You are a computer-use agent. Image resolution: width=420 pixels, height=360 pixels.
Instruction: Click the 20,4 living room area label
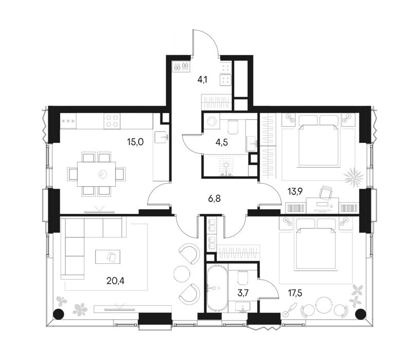115,281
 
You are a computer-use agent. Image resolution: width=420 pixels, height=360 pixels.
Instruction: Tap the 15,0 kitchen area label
136,142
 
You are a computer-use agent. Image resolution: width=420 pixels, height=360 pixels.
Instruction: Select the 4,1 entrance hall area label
203,80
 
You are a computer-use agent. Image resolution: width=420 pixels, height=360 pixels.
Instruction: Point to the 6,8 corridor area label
214,199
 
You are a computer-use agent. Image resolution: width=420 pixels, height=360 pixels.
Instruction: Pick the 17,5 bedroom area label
295,293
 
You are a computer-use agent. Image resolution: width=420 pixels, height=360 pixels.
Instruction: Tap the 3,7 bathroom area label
243,293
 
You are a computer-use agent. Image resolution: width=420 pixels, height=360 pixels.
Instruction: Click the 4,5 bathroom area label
222,142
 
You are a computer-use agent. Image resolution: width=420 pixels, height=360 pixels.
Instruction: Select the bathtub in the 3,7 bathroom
217,289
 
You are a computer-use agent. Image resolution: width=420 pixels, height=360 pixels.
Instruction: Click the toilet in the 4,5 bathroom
233,127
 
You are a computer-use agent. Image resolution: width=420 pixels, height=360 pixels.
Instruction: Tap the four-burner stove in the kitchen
112,121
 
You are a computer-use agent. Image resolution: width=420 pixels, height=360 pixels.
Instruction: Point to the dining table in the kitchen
97,174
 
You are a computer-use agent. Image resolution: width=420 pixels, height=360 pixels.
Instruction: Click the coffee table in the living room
107,257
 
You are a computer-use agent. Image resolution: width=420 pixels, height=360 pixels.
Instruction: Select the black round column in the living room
58,314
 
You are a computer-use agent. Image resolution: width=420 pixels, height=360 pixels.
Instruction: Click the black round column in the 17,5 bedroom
360,314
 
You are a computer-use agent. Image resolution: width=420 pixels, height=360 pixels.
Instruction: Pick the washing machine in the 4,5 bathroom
212,120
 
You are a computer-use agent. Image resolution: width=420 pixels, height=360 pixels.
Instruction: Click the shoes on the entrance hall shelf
181,66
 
